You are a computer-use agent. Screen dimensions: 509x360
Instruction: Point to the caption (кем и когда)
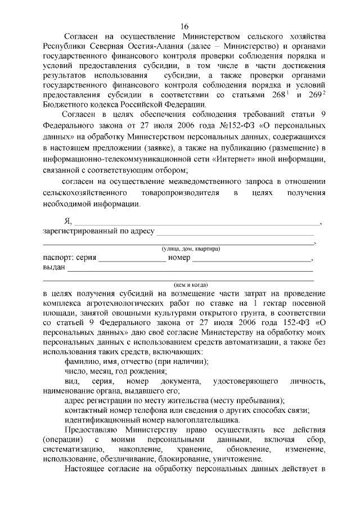[x=188, y=285]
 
